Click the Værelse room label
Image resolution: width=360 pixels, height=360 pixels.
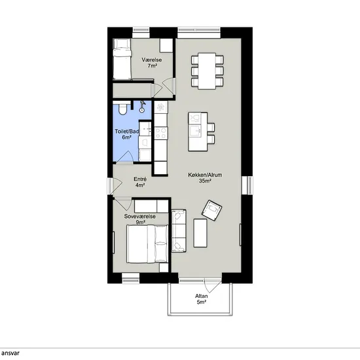coord(152,60)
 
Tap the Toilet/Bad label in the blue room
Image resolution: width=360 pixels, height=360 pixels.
coord(127,132)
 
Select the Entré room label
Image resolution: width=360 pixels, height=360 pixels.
coord(140,179)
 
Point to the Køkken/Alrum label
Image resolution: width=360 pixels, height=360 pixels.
coord(205,175)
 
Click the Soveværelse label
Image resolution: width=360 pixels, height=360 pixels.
coord(139,217)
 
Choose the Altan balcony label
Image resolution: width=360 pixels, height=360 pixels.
coord(202,296)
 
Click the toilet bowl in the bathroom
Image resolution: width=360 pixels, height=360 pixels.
coord(122,109)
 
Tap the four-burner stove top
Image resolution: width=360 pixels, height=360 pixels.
coord(161,134)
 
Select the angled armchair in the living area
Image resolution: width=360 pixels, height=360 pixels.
coord(211,210)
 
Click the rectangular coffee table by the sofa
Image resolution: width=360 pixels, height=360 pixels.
coord(200,233)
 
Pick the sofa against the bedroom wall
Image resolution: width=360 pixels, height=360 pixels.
coord(179,230)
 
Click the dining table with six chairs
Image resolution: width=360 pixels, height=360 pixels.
coord(207,71)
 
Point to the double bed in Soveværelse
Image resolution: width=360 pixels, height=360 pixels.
coord(147,244)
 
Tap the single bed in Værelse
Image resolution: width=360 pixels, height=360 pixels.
coord(122,59)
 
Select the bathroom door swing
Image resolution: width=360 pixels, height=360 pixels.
coord(124,157)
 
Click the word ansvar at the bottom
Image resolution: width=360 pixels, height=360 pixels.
coord(10,353)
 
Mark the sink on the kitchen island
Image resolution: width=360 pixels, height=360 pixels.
coord(196,132)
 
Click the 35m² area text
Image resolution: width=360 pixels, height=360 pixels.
coord(205,181)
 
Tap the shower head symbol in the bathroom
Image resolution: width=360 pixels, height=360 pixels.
coord(143,106)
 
